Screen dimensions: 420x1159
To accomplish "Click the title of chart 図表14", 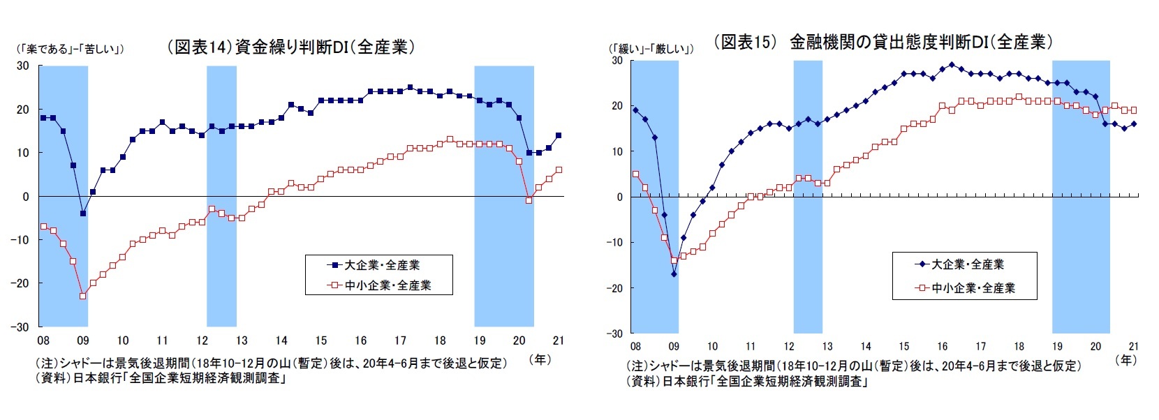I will coord(291,47).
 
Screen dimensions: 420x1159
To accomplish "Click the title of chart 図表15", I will coord(883,43).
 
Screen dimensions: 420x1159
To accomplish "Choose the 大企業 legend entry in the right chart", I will coord(964,264).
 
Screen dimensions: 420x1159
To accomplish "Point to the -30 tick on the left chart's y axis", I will coord(22,327).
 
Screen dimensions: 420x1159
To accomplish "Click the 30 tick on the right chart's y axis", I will coord(617,61).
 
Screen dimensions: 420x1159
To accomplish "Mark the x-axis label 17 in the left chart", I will coord(400,340).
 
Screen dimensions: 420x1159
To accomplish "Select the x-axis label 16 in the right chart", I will coord(942,346).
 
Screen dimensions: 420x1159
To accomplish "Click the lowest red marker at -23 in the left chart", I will coord(82,296).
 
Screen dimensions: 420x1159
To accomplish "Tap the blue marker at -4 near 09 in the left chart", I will coord(82,213).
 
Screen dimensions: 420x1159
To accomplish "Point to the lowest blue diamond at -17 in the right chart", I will coord(674,274).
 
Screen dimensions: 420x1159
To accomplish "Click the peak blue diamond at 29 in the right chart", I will coord(952,65).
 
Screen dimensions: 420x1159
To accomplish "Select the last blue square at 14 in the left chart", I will coord(559,135).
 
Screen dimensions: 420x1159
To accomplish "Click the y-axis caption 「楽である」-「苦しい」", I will coord(69,49).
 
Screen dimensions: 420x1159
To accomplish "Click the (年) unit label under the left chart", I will coord(540,359).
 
